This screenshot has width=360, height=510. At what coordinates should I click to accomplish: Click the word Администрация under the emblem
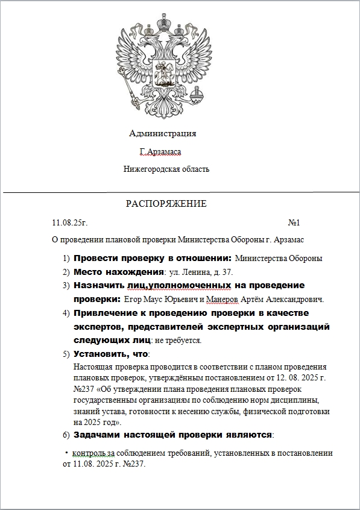click(162, 133)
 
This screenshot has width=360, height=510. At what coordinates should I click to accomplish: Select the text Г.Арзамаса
click(160, 152)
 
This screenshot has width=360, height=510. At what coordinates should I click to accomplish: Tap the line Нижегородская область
click(166, 169)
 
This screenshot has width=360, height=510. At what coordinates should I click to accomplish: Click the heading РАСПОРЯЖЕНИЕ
click(166, 204)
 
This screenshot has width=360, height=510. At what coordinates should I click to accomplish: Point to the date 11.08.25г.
click(71, 223)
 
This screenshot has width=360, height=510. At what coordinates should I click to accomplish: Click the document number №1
click(294, 223)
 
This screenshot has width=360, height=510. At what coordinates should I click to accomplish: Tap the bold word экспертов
click(99, 327)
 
